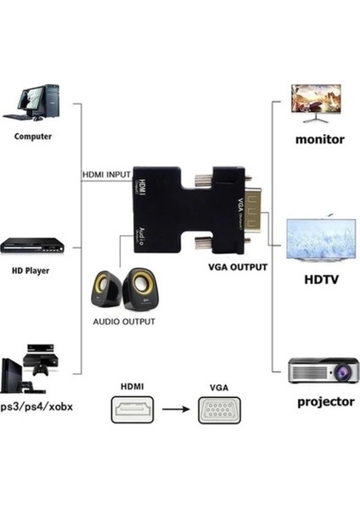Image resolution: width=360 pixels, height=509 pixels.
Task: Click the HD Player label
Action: (x=30, y=271)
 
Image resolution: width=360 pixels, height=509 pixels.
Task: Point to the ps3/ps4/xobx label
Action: (x=36, y=406)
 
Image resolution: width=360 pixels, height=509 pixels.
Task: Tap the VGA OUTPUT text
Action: (x=238, y=266)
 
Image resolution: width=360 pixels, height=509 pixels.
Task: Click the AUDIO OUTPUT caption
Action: (x=124, y=322)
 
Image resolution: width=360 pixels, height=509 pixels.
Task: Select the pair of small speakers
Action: (x=121, y=291)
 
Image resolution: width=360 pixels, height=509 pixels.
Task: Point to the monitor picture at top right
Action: (x=315, y=102)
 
